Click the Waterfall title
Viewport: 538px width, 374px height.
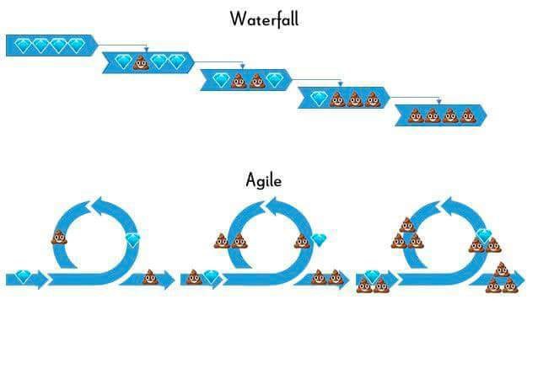point(264,19)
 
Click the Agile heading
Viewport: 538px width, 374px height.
point(264,180)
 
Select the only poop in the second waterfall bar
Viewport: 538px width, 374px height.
point(142,62)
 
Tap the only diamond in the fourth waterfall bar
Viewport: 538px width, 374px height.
point(319,99)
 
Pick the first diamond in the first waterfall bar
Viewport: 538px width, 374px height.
point(23,45)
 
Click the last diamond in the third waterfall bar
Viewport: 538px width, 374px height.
point(275,80)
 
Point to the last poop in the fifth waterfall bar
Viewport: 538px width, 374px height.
point(468,116)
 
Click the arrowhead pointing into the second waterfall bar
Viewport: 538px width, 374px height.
point(147,50)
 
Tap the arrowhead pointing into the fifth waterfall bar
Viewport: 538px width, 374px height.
point(438,102)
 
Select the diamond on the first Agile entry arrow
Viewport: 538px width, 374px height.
point(24,277)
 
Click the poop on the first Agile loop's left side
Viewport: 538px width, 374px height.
point(59,237)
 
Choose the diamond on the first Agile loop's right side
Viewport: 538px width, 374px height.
point(132,239)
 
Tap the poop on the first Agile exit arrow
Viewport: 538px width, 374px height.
point(150,277)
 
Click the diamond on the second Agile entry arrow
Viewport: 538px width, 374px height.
point(211,277)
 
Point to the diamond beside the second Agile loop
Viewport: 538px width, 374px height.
point(319,239)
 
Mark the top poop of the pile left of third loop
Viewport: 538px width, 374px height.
point(407,225)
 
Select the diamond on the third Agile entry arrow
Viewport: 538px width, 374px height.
point(372,277)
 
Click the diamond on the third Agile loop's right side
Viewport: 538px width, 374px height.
point(484,235)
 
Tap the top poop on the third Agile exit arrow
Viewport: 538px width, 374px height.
point(502,270)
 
